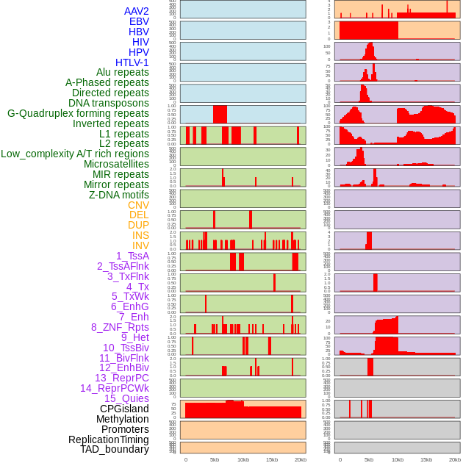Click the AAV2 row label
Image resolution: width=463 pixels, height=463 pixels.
tap(137, 11)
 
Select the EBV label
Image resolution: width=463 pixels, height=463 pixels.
tap(139, 21)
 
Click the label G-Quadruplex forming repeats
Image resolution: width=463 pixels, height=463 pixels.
tap(78, 113)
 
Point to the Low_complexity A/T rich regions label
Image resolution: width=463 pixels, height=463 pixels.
tap(75, 154)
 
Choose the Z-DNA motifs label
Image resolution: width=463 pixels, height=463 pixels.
tap(119, 195)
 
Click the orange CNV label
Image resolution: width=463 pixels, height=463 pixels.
tap(138, 205)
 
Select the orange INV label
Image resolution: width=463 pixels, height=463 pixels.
tap(140, 245)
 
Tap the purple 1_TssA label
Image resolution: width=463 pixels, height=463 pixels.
tap(132, 256)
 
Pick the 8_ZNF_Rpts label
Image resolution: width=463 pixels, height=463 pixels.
tap(120, 327)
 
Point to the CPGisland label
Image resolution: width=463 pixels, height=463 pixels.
tap(124, 409)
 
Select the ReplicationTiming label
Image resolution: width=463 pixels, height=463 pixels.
tap(109, 439)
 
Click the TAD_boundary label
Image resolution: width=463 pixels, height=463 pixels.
tap(115, 449)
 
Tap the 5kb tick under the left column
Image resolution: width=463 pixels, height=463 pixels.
tap(215, 459)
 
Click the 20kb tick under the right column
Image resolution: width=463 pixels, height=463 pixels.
tap(455, 459)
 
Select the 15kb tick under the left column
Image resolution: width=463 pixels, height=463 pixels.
tap(272, 459)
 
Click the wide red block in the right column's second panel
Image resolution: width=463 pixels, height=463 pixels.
tap(368, 30)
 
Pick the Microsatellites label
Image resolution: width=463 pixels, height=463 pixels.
tap(116, 164)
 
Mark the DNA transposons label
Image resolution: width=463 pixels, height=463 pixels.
tap(109, 103)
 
